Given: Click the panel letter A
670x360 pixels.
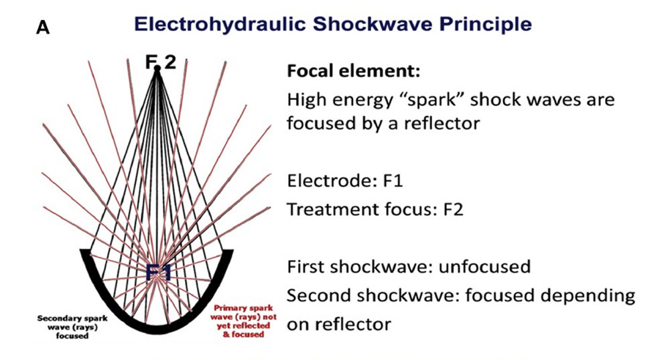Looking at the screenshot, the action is click(43, 27).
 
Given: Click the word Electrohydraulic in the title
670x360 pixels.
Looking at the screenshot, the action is click(220, 24).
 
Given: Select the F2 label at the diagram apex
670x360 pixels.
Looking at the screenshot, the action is click(160, 62).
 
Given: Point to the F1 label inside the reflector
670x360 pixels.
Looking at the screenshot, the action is click(159, 273).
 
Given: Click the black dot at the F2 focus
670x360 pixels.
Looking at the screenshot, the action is click(157, 68).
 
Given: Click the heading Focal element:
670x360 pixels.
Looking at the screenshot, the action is click(353, 70).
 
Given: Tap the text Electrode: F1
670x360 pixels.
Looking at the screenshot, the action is click(345, 181).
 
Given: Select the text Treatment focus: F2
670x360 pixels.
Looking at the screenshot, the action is click(375, 210).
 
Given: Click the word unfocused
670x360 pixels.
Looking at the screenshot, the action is click(485, 267).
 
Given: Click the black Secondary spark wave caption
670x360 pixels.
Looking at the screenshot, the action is click(72, 327).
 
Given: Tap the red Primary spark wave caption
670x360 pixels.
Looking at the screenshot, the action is click(243, 320).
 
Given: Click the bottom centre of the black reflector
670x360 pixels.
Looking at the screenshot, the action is click(156, 330).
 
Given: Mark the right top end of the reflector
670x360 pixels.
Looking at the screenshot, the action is click(228, 251).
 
